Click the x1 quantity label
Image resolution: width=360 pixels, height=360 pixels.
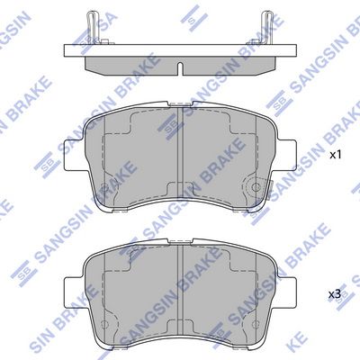(335, 155)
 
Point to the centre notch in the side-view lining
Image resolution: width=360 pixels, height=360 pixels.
(179, 69)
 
